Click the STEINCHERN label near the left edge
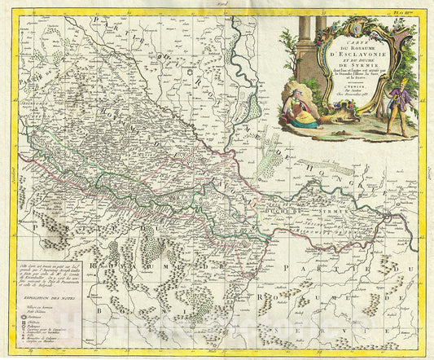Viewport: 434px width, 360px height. pos(23,150)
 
